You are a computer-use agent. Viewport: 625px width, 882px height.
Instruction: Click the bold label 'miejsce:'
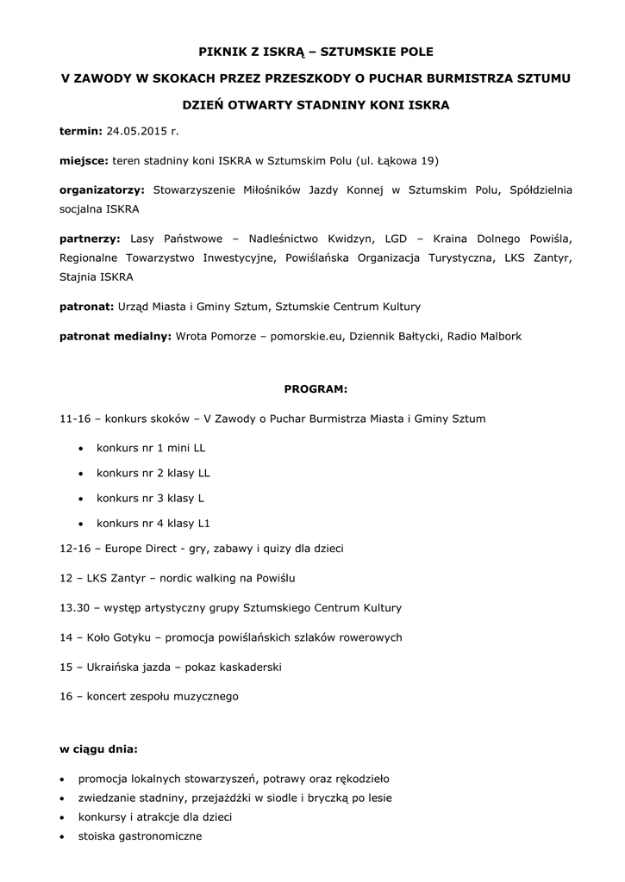84,161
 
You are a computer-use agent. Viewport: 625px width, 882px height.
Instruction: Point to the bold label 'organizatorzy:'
102,189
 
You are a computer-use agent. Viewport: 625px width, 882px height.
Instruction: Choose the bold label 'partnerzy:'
91,237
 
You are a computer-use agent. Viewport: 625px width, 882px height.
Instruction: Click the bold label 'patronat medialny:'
115,336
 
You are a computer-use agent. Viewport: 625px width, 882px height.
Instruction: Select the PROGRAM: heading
316,388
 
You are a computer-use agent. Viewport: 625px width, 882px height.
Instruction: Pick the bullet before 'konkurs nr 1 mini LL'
80,449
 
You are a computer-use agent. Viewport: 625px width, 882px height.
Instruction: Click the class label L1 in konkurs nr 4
204,523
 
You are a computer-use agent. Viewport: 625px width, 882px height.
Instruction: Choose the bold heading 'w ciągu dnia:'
98,749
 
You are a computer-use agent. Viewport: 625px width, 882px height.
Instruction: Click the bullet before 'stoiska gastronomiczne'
62,836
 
